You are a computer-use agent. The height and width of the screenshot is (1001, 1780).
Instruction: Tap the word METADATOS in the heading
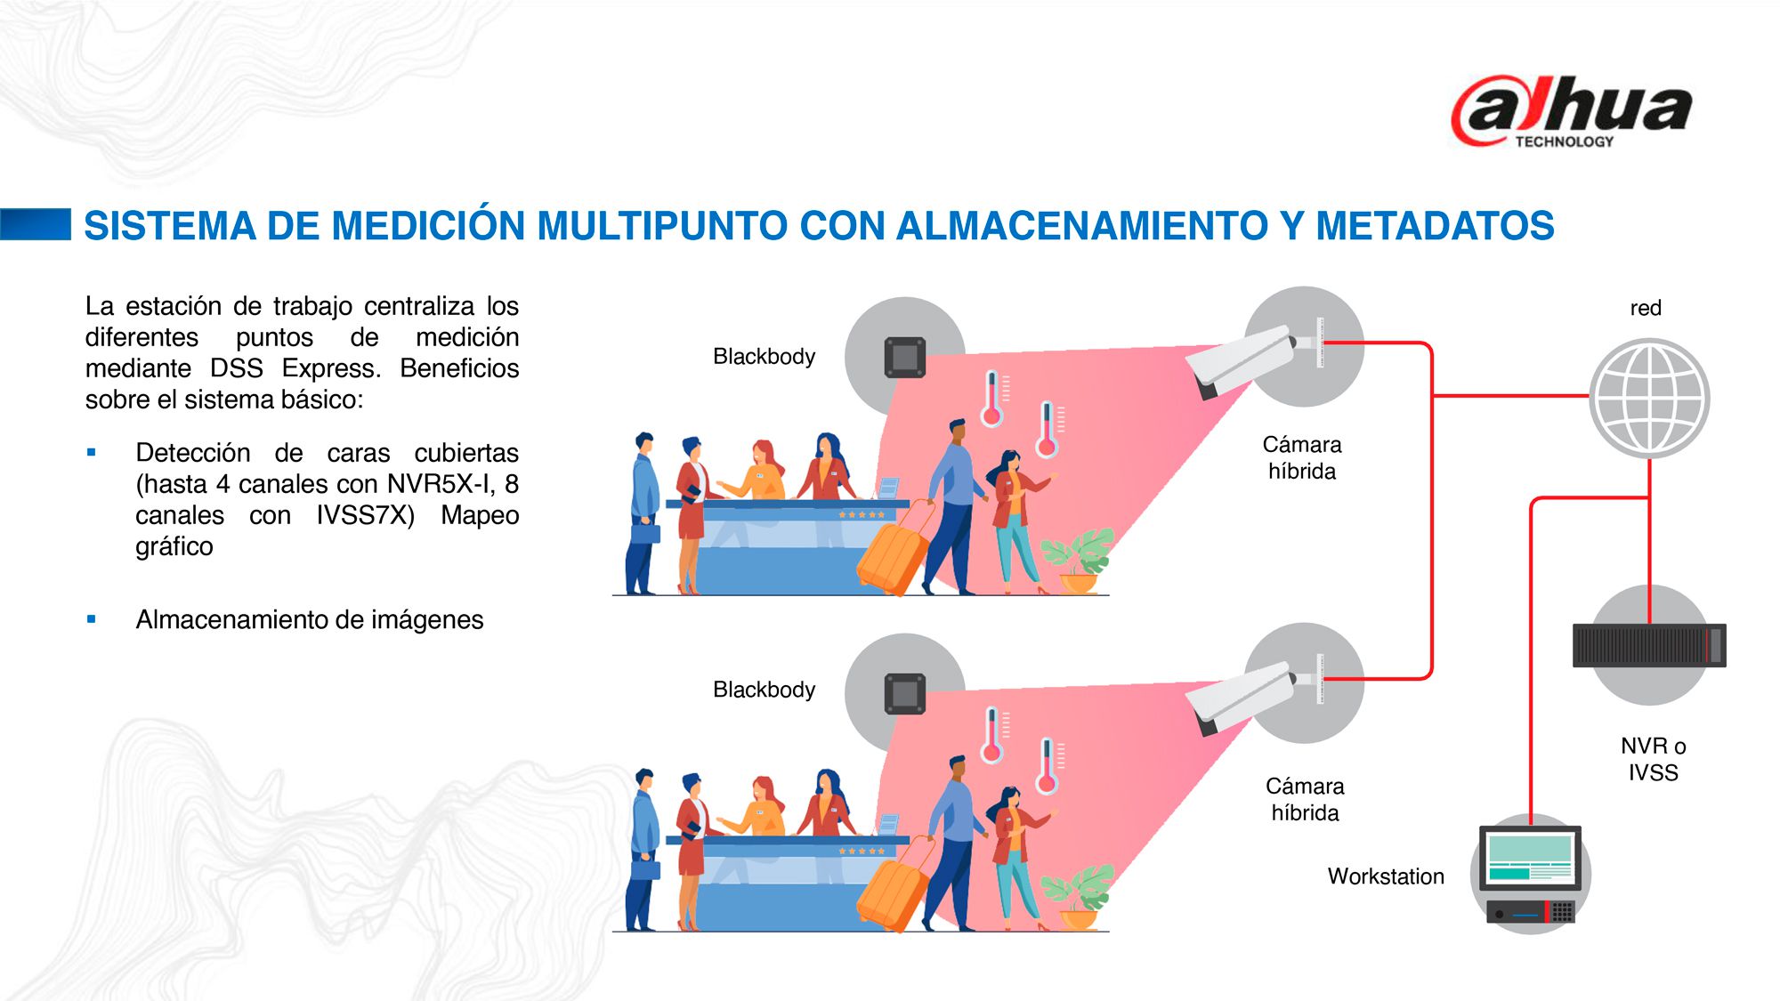(1435, 225)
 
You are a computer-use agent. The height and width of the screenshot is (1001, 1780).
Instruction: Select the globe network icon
(1649, 398)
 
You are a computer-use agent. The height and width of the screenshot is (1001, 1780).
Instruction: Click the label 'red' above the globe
(1646, 308)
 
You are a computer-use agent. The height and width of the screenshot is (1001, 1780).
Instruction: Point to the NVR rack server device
(1649, 645)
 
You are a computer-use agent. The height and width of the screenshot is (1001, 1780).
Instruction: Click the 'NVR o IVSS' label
(1653, 759)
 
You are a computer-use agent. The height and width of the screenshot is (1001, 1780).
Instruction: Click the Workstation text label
(1386, 876)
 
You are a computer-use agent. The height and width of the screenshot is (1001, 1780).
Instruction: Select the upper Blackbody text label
(764, 356)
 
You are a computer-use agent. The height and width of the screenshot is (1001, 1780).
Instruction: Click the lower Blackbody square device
(905, 694)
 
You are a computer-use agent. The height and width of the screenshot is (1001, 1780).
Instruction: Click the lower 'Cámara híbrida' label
(1305, 799)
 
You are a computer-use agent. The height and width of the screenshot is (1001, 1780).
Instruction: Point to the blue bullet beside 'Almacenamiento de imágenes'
(92, 619)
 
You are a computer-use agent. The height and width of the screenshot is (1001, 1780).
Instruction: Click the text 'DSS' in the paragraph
(237, 368)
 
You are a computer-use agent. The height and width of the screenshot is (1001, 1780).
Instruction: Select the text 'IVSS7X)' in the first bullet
(366, 515)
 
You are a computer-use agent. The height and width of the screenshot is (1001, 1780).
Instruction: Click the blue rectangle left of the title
(36, 224)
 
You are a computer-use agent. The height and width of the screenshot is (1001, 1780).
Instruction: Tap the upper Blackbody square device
(905, 358)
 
